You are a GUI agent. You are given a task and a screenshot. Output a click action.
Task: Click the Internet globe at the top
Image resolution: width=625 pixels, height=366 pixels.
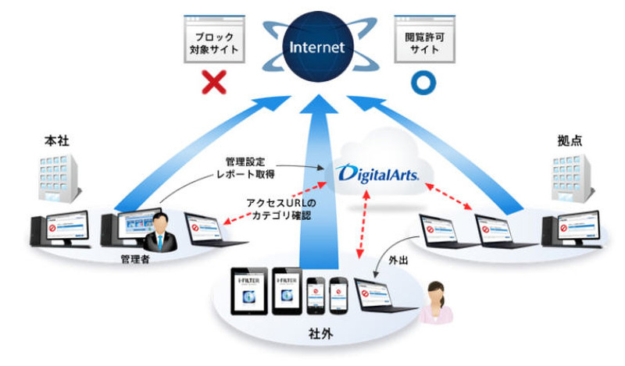tap(316, 47)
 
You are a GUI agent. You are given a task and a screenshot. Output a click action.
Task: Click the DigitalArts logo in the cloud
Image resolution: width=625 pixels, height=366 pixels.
tap(377, 170)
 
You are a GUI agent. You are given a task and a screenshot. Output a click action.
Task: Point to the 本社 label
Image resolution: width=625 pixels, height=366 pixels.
tap(52, 143)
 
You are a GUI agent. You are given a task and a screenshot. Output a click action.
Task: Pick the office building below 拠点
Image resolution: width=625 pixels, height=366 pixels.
tap(572, 179)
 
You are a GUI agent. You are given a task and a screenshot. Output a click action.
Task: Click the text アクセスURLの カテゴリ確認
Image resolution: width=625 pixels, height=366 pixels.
tap(277, 208)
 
